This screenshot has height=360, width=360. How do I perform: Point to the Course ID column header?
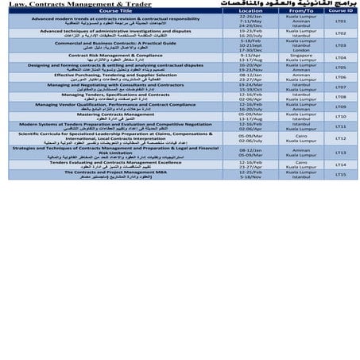[339, 11]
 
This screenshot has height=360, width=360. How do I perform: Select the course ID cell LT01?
[339, 21]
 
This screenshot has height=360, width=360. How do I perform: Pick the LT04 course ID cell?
[339, 57]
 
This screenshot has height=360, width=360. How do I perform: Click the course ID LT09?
[339, 106]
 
